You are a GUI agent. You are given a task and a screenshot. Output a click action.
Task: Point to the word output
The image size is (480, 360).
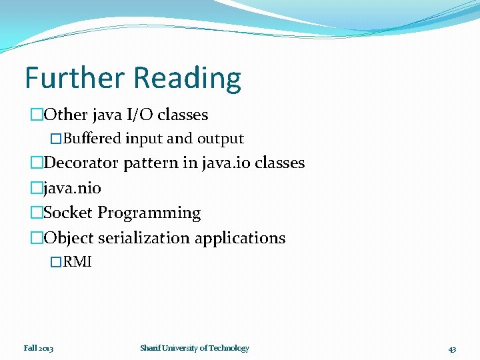(220, 139)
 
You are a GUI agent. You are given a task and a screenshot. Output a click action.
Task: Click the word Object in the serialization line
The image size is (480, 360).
(69, 238)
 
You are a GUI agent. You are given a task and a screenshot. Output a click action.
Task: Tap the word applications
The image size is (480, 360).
(248, 239)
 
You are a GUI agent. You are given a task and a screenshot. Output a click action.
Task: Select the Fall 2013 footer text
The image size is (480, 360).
(39, 348)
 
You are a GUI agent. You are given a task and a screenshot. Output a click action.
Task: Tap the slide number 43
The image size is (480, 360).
(452, 349)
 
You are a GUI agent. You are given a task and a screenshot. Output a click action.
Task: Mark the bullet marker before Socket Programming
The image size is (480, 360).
(36, 213)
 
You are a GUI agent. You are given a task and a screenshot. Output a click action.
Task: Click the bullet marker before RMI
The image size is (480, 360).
(56, 262)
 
